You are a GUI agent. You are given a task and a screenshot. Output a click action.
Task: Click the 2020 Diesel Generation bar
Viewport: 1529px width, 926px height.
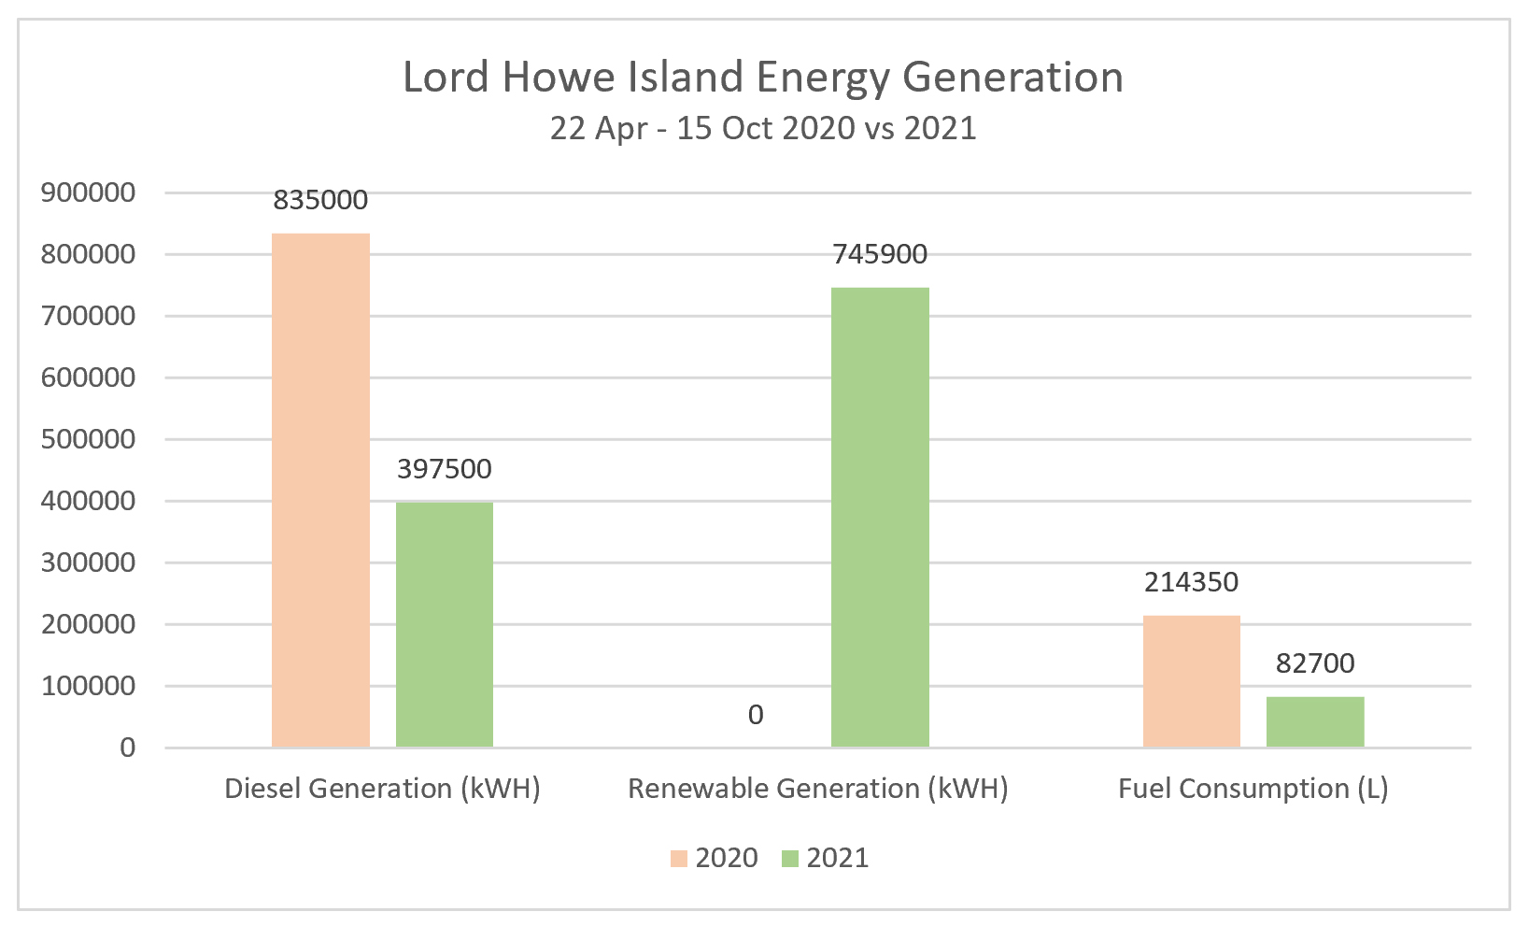coord(320,490)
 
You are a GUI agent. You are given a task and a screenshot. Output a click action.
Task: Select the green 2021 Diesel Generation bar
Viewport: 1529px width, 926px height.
coord(445,624)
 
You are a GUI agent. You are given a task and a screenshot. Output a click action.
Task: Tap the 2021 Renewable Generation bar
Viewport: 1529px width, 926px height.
coord(880,517)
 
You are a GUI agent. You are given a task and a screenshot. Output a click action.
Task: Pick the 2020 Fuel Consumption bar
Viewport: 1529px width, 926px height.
coord(1192,681)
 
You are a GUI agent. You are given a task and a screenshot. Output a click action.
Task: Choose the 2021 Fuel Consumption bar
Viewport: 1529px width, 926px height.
coord(1315,721)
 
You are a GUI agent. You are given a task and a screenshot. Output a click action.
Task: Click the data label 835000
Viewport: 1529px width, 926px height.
coord(320,200)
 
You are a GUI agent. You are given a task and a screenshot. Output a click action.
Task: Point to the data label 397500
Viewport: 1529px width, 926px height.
coord(445,469)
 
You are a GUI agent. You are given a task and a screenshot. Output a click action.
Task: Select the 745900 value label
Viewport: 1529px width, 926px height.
coord(880,254)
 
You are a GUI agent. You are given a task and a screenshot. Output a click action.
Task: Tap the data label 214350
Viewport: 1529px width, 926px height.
coord(1192,582)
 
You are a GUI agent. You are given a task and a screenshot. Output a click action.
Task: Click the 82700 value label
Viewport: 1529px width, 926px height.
coord(1315,663)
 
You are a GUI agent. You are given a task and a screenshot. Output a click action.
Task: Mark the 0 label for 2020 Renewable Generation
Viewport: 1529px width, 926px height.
coord(756,715)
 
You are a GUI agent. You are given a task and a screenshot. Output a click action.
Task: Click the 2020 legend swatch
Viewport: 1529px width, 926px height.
coord(679,858)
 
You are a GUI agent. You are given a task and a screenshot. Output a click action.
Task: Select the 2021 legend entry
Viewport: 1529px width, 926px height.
coord(825,858)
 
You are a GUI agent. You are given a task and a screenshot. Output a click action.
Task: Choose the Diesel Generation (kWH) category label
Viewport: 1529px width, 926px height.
coord(383,789)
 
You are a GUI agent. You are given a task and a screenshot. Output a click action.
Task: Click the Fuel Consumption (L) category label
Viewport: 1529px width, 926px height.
coord(1253,789)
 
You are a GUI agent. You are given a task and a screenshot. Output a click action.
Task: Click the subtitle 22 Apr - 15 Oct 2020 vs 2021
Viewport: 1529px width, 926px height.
coord(763,128)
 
